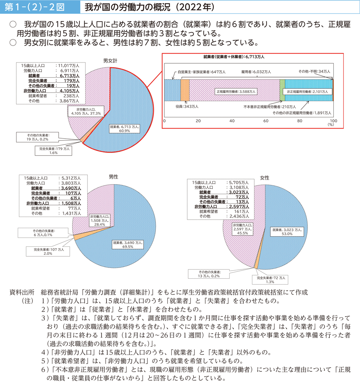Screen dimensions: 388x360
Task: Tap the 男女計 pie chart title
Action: coord(110,61)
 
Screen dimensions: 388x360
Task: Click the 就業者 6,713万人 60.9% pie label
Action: coord(125,128)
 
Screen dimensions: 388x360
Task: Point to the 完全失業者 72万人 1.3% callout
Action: coord(271,280)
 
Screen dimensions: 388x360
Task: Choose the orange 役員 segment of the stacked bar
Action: coord(184,85)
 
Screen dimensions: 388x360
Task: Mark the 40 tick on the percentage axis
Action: coord(232,121)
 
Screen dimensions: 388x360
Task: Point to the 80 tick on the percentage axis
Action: coord(300,121)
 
